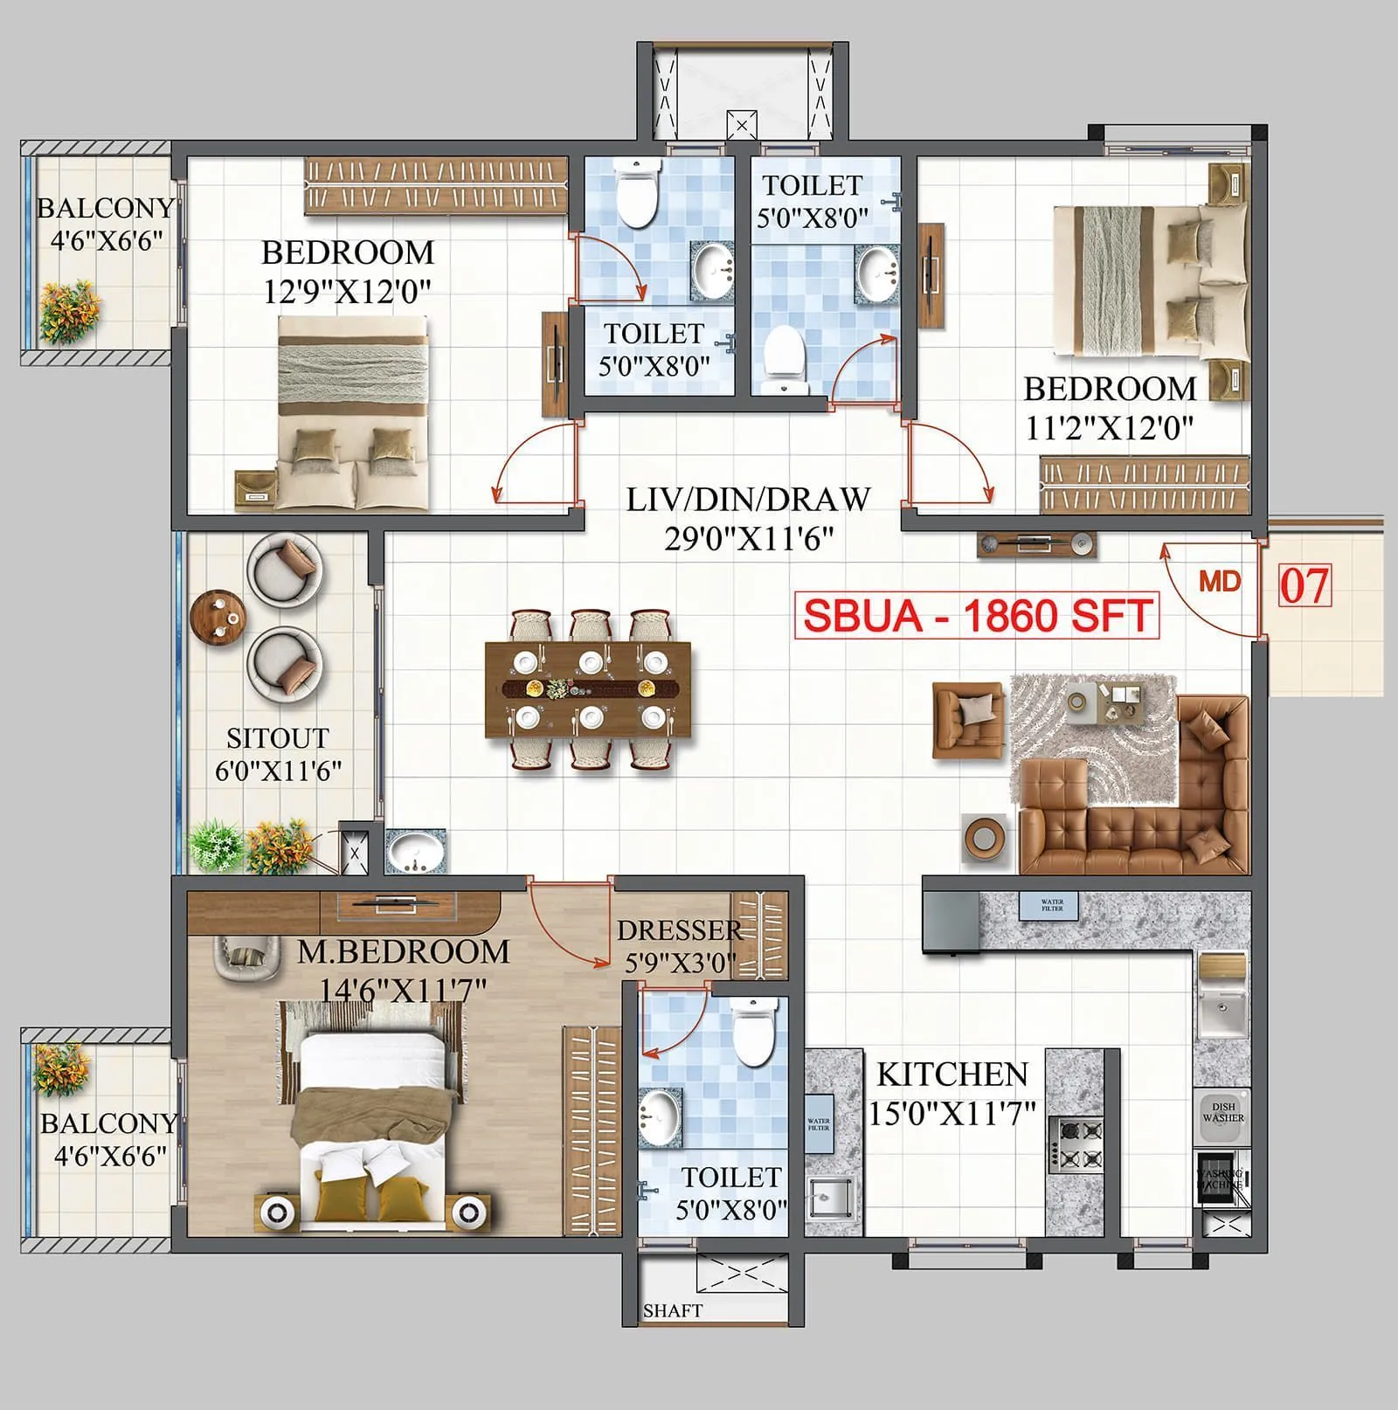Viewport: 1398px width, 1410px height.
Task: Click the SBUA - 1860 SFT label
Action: click(977, 616)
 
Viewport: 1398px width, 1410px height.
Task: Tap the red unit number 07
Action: click(1305, 585)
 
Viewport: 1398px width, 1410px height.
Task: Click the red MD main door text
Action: click(1220, 582)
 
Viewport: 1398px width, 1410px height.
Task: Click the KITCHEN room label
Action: click(952, 1074)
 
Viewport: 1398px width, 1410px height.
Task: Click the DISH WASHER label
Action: click(1222, 1112)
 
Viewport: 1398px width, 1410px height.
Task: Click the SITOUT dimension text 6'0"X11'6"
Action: click(278, 771)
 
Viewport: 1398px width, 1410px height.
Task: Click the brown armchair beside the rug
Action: click(967, 719)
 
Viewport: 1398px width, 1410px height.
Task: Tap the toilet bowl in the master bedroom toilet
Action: click(753, 1032)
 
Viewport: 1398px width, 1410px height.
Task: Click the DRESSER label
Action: click(679, 930)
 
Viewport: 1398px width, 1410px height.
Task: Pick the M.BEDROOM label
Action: click(403, 951)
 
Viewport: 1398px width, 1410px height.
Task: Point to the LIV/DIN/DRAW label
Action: click(748, 500)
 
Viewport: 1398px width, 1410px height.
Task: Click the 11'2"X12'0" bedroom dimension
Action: click(1109, 428)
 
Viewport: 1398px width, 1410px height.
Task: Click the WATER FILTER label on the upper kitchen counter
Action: click(1052, 905)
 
